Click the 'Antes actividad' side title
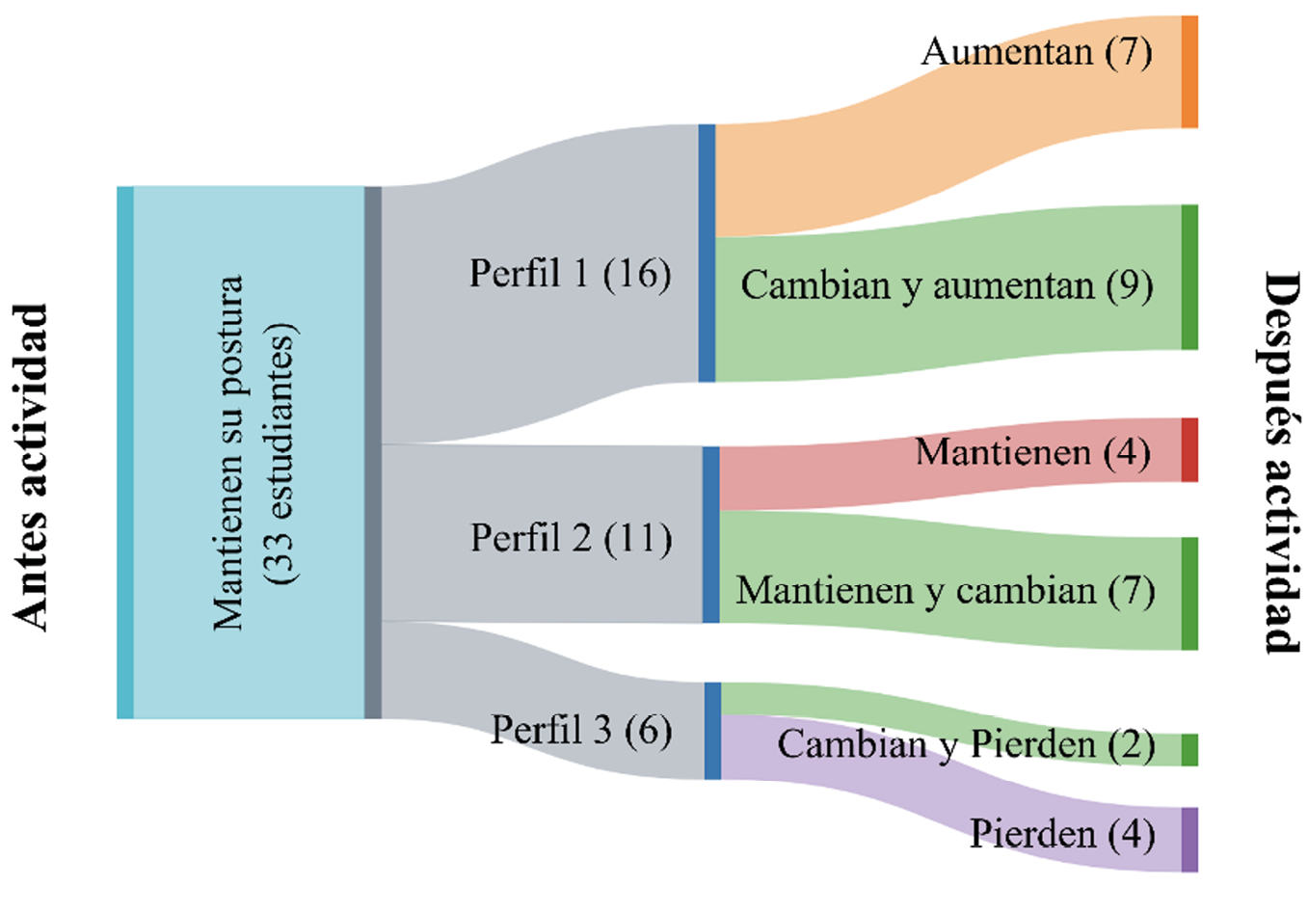[32, 468]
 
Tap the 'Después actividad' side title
[1281, 463]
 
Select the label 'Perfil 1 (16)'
[570, 274]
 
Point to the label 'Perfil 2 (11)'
[571, 538]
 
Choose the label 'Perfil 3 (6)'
[581, 729]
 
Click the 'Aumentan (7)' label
[1036, 51]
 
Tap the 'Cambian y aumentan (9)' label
[947, 285]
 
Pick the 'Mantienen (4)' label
[1032, 451]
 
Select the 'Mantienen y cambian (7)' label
[945, 589]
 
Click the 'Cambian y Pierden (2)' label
[966, 744]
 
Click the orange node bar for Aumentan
[1189, 71]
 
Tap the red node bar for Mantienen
[1189, 449]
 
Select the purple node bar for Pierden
[1189, 839]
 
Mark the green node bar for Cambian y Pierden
[1189, 749]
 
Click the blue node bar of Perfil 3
[712, 730]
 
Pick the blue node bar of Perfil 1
[707, 253]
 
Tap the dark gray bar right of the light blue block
[373, 452]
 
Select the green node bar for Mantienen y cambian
[1189, 593]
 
